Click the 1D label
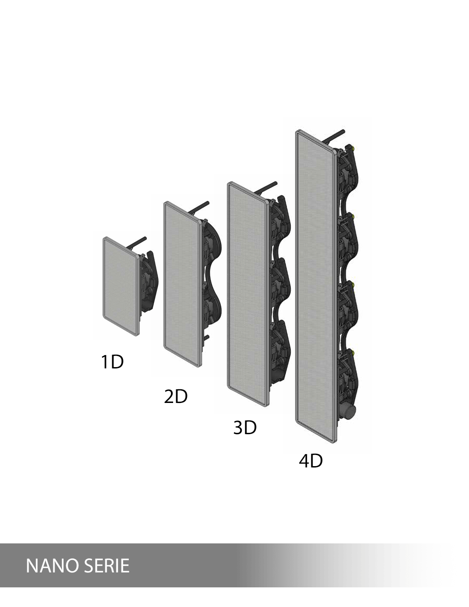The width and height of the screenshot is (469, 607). (x=112, y=362)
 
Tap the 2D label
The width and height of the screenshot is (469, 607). (x=176, y=397)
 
